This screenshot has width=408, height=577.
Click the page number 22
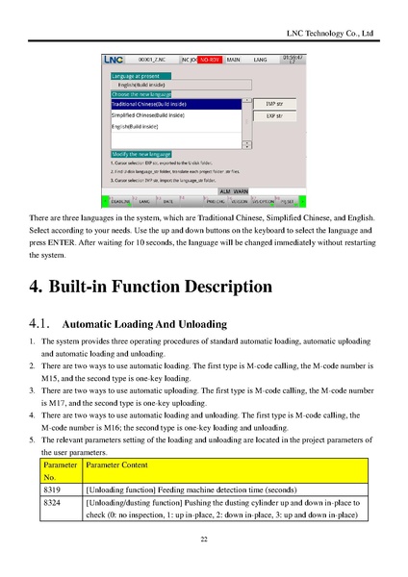coord(204,540)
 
